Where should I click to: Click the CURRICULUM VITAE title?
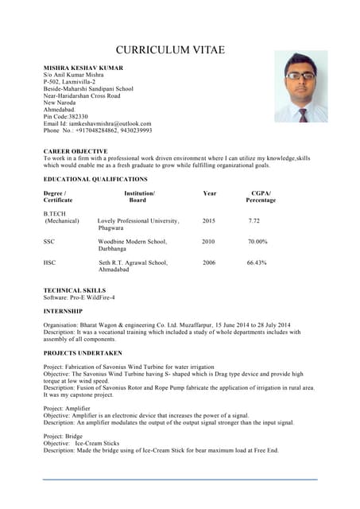coord(170,50)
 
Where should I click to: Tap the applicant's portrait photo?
coord(300,87)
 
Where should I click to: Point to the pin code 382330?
coord(77,117)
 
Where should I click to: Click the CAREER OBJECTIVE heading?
coord(75,151)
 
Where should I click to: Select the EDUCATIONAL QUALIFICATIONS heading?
coord(95,180)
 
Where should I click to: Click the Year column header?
coord(209,193)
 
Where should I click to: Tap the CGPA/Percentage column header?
coord(261,197)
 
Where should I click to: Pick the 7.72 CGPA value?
coord(254,220)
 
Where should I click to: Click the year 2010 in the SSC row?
coord(208,241)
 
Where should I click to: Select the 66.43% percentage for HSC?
coord(257,262)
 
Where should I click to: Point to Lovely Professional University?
coord(138,220)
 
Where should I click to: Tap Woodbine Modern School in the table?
coord(133,241)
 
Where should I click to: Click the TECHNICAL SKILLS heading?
coord(75,290)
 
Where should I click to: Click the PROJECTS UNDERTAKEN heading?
coord(83,352)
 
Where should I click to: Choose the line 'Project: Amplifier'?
coord(67,408)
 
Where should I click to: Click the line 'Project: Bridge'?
coord(63,436)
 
